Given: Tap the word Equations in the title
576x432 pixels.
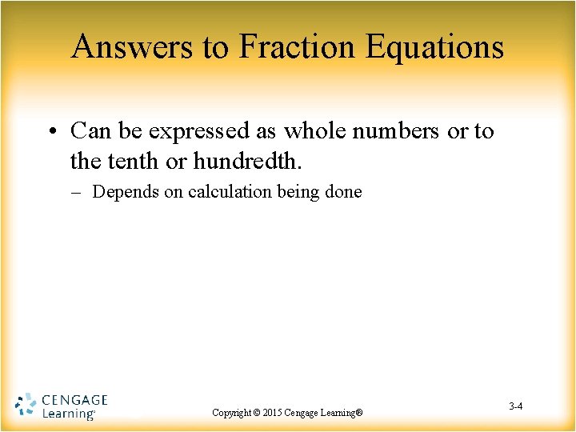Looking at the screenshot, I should [435, 47].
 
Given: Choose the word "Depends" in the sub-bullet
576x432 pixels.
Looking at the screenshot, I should [125, 192].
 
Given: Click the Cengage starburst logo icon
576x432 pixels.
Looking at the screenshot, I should [26, 406].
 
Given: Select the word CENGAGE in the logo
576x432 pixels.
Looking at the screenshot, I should [74, 400].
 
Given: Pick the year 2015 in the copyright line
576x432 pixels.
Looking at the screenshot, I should [276, 413].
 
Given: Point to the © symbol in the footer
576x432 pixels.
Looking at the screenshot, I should [257, 413].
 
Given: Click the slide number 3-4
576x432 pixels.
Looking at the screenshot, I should [515, 407].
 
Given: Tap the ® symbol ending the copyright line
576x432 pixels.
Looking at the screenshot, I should [359, 413].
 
